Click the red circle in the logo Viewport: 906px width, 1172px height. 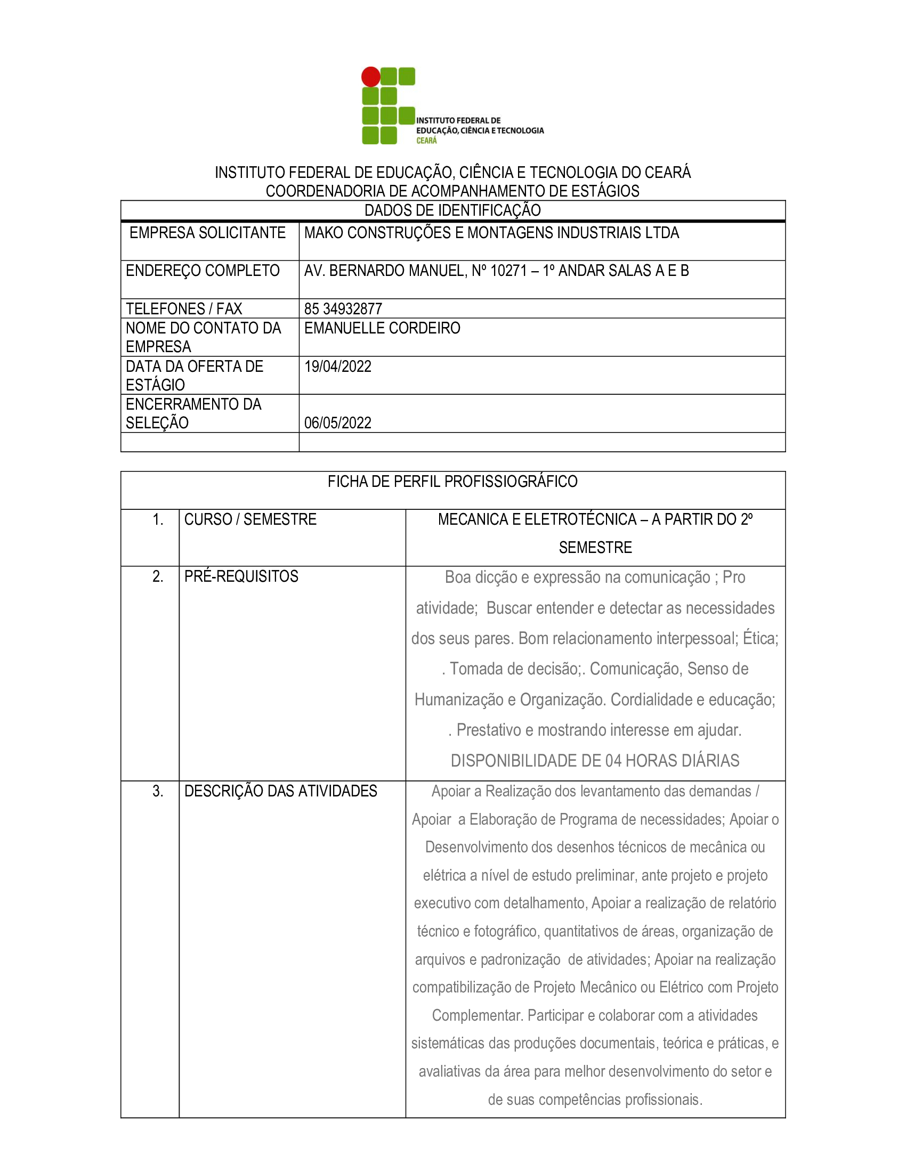(x=370, y=77)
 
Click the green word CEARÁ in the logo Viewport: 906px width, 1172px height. (x=427, y=141)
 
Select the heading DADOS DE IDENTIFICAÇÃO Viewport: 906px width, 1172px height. (x=452, y=210)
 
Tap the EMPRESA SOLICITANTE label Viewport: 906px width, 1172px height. (x=207, y=233)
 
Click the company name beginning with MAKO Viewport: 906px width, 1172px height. (x=491, y=233)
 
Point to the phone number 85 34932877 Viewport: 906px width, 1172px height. (x=343, y=309)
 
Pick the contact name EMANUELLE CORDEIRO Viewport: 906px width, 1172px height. (x=382, y=328)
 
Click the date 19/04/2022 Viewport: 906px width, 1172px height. (x=337, y=367)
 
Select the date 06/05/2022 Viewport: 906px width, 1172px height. (x=337, y=423)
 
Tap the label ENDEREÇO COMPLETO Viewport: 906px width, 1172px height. (x=203, y=271)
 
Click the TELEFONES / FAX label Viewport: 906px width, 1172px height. (x=183, y=309)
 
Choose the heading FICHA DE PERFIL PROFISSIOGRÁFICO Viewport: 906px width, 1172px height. (x=452, y=482)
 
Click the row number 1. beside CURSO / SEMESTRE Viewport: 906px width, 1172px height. (x=158, y=519)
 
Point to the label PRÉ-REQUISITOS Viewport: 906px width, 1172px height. (x=241, y=576)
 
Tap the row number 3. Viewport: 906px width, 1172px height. (x=158, y=791)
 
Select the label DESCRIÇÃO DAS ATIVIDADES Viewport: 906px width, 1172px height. (x=280, y=791)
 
